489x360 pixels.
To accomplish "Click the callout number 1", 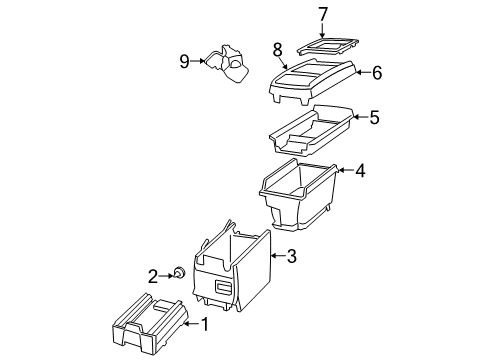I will [206, 323].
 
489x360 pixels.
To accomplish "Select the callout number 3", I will [291, 257].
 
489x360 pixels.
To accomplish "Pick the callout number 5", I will [373, 117].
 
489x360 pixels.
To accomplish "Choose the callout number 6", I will [377, 72].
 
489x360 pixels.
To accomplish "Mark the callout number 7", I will [323, 14].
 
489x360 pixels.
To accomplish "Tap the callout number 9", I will [184, 61].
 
